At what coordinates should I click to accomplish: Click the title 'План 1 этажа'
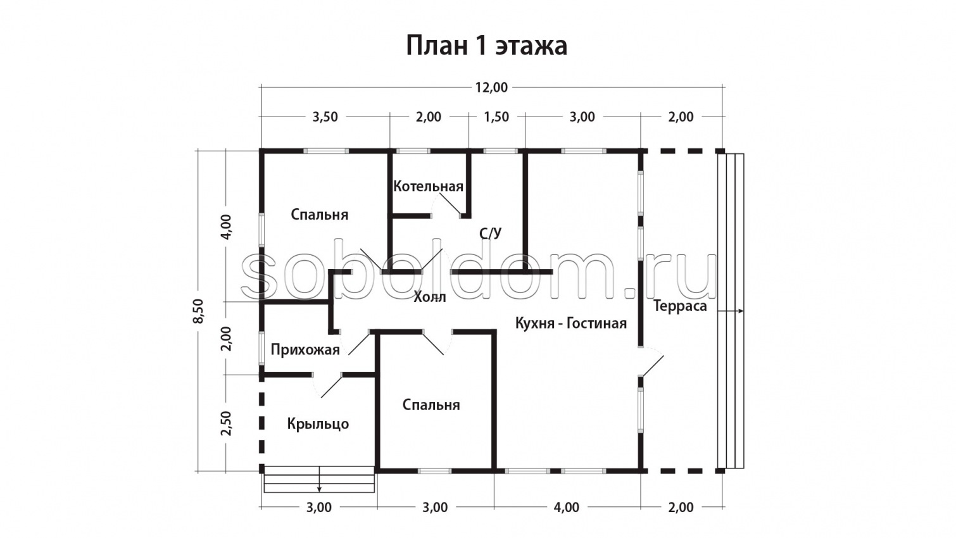[x=486, y=46]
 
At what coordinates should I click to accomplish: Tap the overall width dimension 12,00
[x=491, y=87]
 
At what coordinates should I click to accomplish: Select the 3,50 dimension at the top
[x=325, y=116]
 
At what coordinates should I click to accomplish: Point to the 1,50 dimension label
[x=496, y=116]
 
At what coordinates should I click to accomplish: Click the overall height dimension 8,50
[x=198, y=311]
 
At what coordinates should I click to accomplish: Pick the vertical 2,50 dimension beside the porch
[x=226, y=423]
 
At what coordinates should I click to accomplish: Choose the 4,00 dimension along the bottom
[x=566, y=507]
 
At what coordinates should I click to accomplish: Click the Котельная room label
[x=428, y=186]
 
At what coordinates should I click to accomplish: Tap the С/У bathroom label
[x=490, y=234]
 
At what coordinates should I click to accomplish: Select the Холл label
[x=429, y=297]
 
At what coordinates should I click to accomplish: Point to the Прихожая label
[x=305, y=349]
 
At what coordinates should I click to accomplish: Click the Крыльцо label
[x=318, y=423]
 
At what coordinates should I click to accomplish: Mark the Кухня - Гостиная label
[x=570, y=323]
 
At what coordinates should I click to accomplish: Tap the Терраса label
[x=680, y=306]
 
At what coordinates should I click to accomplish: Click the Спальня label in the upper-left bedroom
[x=319, y=215]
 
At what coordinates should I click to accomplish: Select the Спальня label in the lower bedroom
[x=431, y=404]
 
